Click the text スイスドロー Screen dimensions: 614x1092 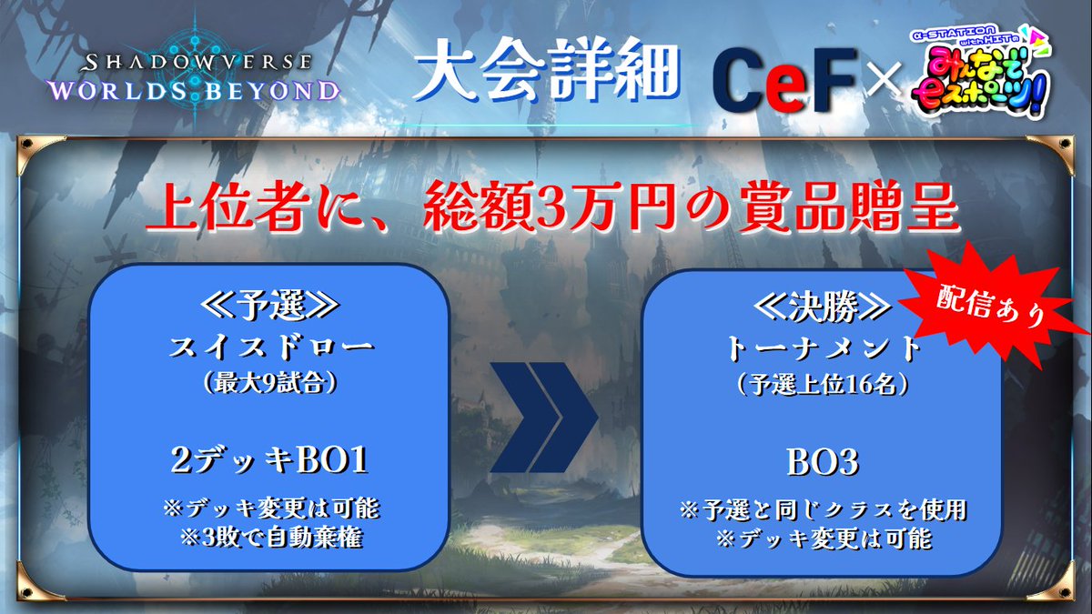coord(269,347)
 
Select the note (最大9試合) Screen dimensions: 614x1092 coord(269,383)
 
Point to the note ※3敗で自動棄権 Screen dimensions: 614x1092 coord(269,538)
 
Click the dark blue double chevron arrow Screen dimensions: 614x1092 coord(545,421)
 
